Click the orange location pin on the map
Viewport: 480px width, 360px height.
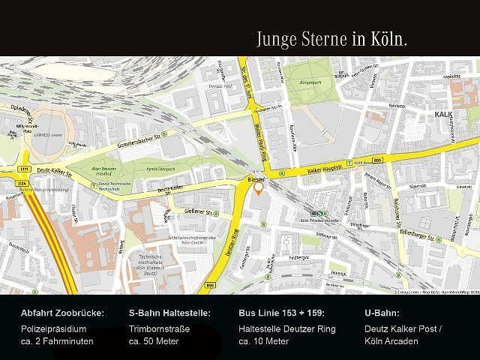[259, 189]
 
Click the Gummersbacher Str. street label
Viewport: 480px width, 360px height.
[140, 139]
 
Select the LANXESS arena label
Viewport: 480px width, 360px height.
[40, 136]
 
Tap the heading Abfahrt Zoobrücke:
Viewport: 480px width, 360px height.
[62, 313]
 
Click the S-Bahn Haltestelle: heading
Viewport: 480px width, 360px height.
[169, 313]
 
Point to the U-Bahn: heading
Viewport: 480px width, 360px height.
[382, 313]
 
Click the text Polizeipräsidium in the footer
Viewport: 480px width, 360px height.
[55, 328]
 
